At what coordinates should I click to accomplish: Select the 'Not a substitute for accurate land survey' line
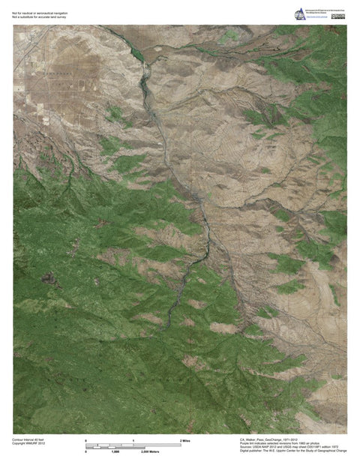pos(40,17)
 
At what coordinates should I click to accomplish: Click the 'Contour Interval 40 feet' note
pos(29,439)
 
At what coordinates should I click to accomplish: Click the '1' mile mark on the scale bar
pos(133,440)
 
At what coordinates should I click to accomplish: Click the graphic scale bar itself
pos(133,446)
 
